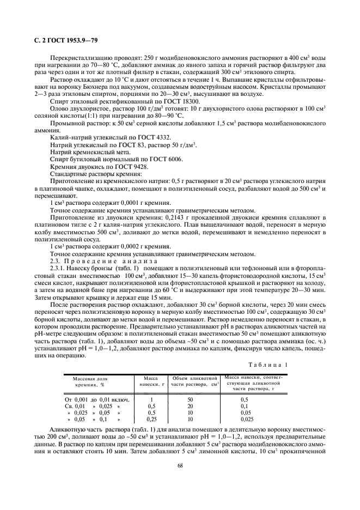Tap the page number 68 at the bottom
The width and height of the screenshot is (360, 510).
180,465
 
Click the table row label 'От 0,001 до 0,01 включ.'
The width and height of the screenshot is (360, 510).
93,400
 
